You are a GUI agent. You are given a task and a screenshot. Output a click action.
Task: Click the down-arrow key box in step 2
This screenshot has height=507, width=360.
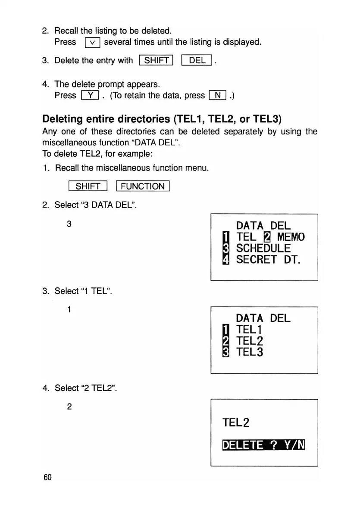click(93, 42)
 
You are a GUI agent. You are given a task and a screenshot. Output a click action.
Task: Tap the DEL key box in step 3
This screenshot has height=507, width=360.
click(197, 60)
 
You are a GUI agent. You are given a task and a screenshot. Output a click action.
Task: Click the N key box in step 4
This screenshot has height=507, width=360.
click(218, 95)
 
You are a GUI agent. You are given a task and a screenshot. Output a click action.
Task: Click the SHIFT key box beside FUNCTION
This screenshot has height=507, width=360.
click(88, 186)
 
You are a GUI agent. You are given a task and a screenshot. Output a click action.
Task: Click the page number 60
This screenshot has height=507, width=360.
click(47, 478)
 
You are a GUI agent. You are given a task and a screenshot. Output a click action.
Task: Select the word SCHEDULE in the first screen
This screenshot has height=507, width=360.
click(263, 249)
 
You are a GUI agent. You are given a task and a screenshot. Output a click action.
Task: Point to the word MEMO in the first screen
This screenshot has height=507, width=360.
click(291, 237)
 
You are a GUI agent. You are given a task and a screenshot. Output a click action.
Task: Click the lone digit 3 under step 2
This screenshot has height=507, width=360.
click(69, 224)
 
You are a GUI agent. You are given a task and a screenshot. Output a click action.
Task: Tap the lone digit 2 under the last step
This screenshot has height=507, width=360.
click(69, 407)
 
